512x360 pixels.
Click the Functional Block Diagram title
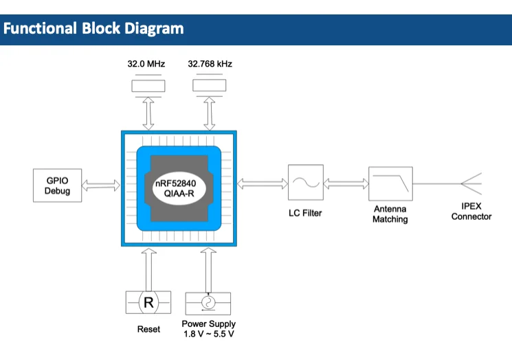[93, 29]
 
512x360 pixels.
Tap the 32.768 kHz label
[210, 64]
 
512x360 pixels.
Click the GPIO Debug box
[58, 185]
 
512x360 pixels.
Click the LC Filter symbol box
[305, 183]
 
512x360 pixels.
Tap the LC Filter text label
[305, 213]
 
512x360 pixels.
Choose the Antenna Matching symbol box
[390, 183]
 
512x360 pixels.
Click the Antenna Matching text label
[390, 214]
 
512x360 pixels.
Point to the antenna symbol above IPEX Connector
[471, 183]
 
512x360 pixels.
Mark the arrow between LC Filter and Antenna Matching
[346, 183]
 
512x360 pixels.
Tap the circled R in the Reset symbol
[148, 302]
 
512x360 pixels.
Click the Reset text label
[148, 330]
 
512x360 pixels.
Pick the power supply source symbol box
[209, 302]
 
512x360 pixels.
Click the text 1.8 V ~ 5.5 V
[209, 335]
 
